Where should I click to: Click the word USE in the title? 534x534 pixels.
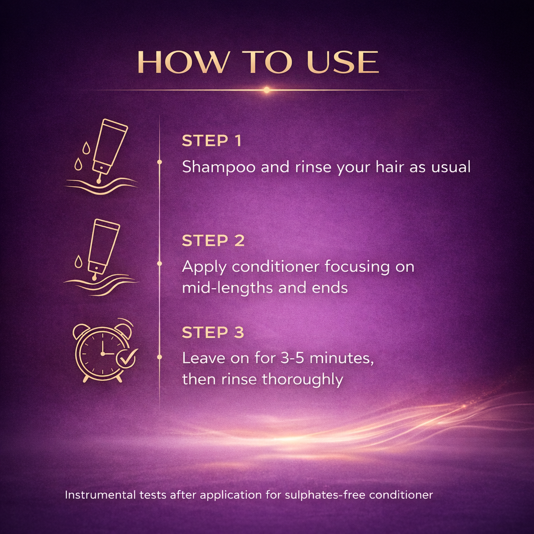[x=343, y=62]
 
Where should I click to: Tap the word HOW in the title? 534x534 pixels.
[x=183, y=62]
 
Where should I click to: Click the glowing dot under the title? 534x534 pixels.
[x=266, y=90]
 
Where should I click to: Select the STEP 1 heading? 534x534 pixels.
[x=212, y=141]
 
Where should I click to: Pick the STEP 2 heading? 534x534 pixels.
[x=213, y=240]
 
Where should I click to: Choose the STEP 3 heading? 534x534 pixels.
[x=213, y=332]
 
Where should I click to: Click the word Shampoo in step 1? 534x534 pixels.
[x=219, y=167]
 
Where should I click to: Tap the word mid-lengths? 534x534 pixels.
[x=228, y=288]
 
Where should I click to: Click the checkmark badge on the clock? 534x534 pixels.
[x=127, y=358]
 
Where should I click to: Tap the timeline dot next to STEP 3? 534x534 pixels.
[x=160, y=357]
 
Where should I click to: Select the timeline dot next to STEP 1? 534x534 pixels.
[x=160, y=162]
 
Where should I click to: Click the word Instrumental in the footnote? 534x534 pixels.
[x=100, y=494]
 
